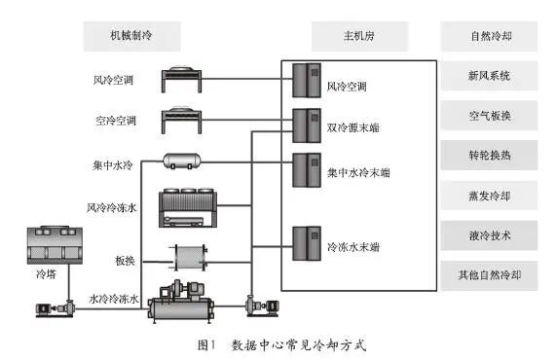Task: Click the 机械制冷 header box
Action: point(131,37)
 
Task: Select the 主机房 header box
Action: point(359,37)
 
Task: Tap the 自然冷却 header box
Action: point(489,37)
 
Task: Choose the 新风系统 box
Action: point(489,76)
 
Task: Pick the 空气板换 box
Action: point(489,116)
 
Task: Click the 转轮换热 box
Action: point(489,156)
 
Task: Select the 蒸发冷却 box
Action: point(489,196)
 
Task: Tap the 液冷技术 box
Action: point(489,235)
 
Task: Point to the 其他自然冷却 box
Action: point(489,275)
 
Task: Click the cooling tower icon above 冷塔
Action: point(55,245)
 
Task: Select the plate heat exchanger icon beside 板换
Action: point(188,258)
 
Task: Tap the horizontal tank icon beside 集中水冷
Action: point(181,162)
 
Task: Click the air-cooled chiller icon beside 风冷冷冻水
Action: point(188,207)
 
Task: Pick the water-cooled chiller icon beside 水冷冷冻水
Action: point(181,302)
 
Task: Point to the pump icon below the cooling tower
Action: point(56,308)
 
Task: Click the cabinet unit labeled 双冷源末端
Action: point(307,126)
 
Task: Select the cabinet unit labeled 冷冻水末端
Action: point(307,243)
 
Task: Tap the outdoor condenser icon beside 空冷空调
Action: point(181,121)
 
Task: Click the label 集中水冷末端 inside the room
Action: point(358,172)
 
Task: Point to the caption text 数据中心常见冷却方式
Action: point(299,344)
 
